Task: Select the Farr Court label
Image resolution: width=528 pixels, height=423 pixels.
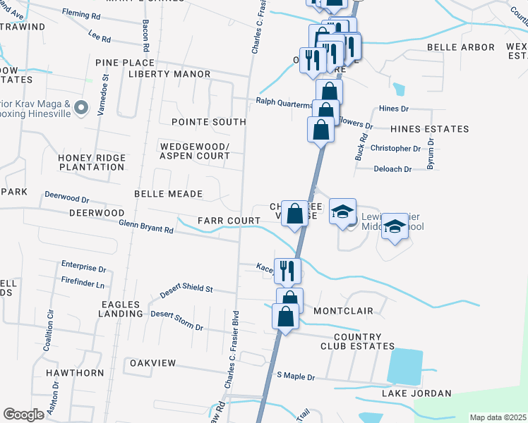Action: pos(229,221)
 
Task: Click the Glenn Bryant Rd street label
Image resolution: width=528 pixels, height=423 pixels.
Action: pos(146,226)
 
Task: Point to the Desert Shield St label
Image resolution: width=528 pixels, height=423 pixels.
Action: pos(186,288)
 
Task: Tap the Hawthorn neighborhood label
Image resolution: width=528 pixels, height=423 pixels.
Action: pos(75,372)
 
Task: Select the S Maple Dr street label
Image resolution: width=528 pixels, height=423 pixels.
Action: pos(296,376)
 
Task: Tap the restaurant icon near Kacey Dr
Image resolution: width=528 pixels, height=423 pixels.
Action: pos(287,269)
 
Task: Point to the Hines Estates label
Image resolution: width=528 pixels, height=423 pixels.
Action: pos(429,129)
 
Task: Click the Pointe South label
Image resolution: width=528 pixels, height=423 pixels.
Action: pos(208,122)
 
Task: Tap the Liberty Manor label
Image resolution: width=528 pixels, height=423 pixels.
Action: pos(169,74)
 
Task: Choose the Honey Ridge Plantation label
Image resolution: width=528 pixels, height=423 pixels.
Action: pos(92,162)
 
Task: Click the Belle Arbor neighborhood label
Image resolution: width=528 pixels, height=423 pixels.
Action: pos(460,47)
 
